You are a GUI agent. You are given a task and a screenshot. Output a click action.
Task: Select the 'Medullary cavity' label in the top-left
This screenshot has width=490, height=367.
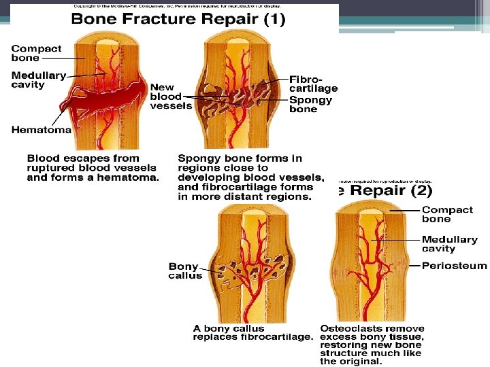coord(37,80)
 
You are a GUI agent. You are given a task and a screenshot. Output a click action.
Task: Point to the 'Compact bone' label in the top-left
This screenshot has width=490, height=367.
coord(36,53)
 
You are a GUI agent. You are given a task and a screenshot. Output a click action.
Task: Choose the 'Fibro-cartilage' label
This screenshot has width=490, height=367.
coord(313,84)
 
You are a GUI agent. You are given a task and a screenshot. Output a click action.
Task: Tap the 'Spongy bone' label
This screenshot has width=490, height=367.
coord(311,104)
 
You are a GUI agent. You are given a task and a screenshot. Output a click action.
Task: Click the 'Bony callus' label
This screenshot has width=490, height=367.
coord(184,271)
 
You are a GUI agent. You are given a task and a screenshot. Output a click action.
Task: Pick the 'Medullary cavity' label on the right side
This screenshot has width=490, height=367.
coord(449,244)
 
